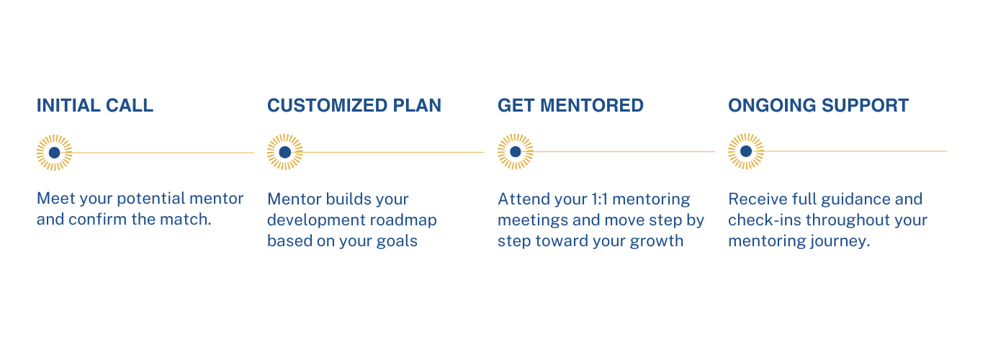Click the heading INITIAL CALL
95,106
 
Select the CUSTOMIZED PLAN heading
354,106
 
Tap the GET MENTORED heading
570,106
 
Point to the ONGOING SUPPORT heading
818,106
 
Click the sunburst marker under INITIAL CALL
55,153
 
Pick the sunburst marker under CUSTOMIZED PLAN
285,152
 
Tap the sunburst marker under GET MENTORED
516,152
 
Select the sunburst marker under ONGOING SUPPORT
746,151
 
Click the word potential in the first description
147,199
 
